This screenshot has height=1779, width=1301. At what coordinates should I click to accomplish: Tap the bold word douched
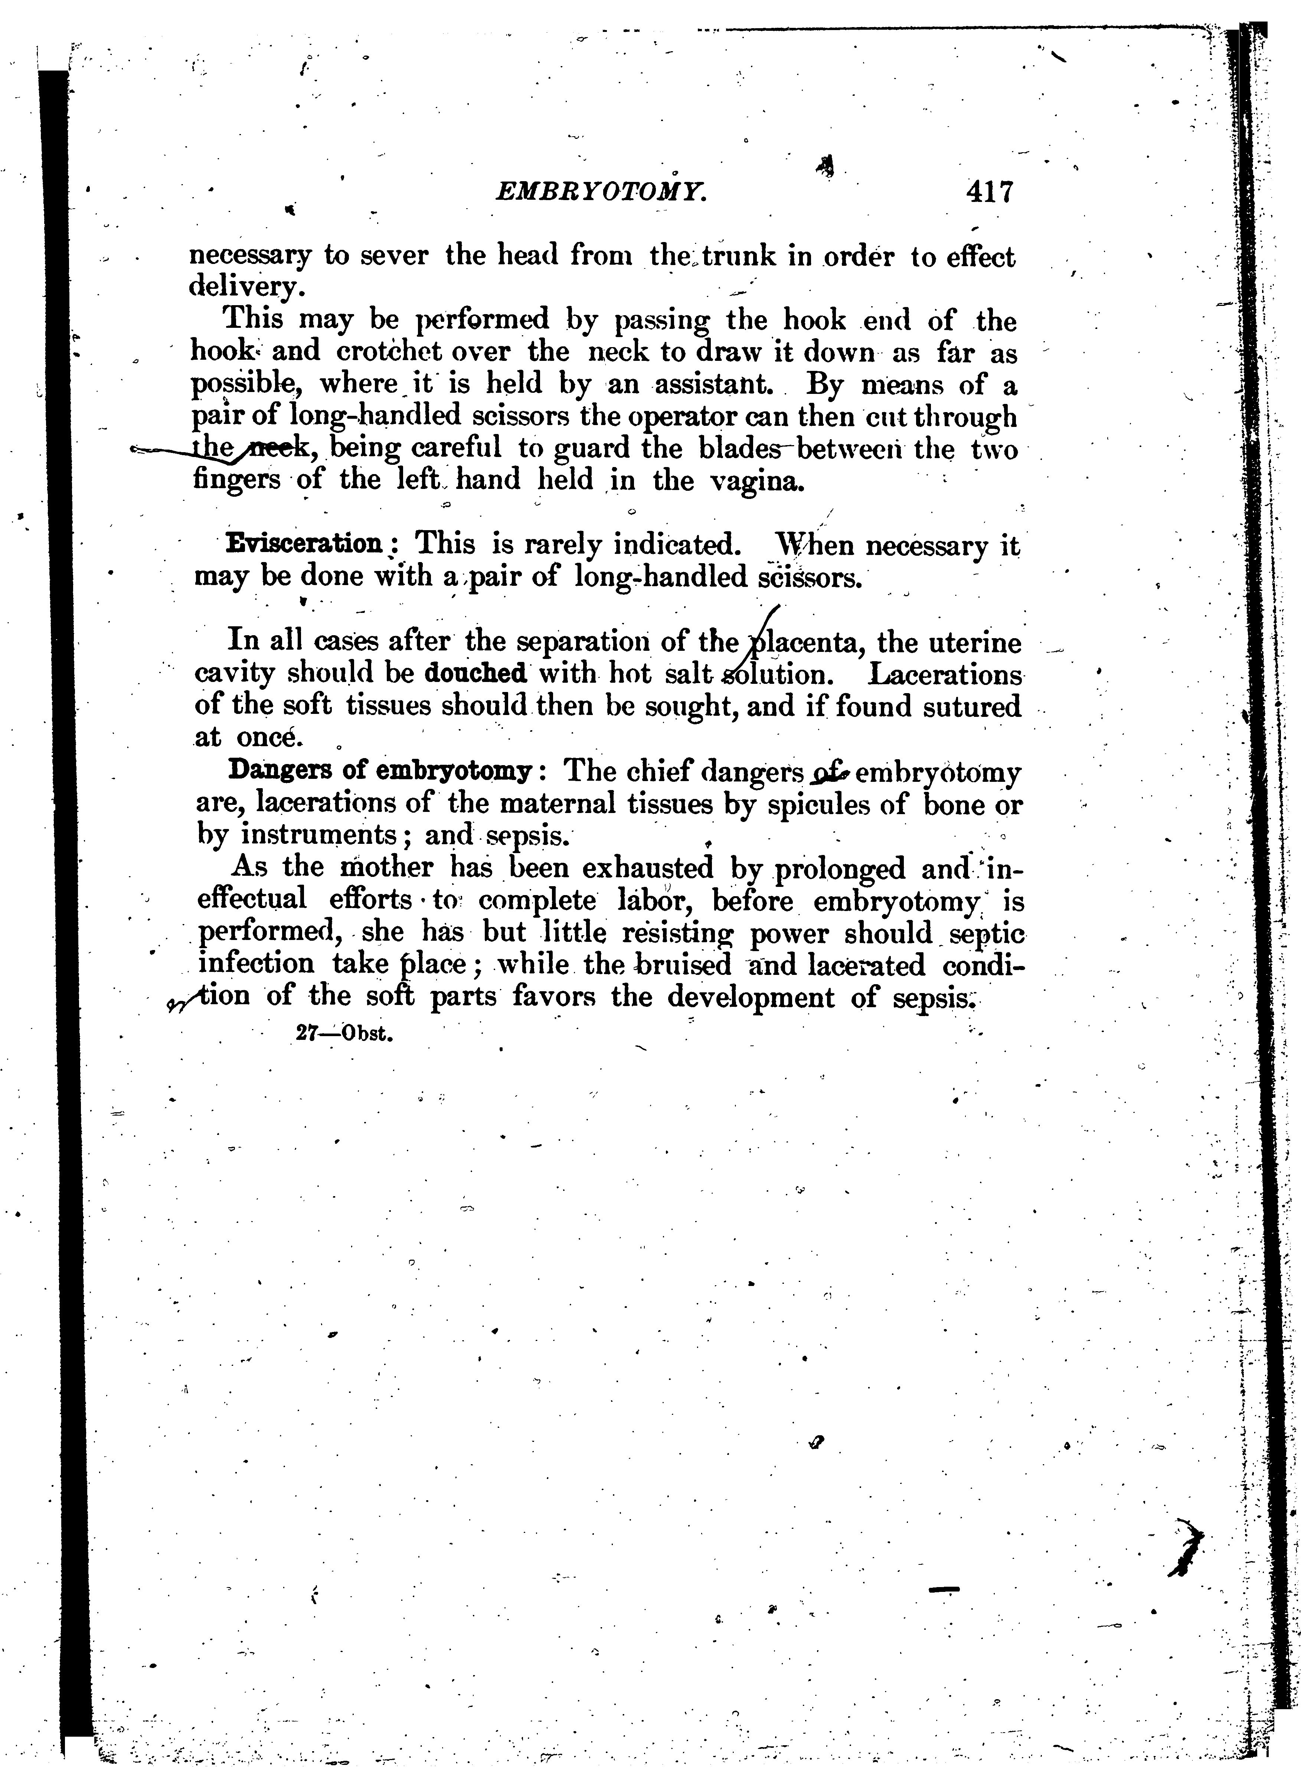click(475, 673)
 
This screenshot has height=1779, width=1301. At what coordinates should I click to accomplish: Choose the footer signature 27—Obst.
click(344, 1034)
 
